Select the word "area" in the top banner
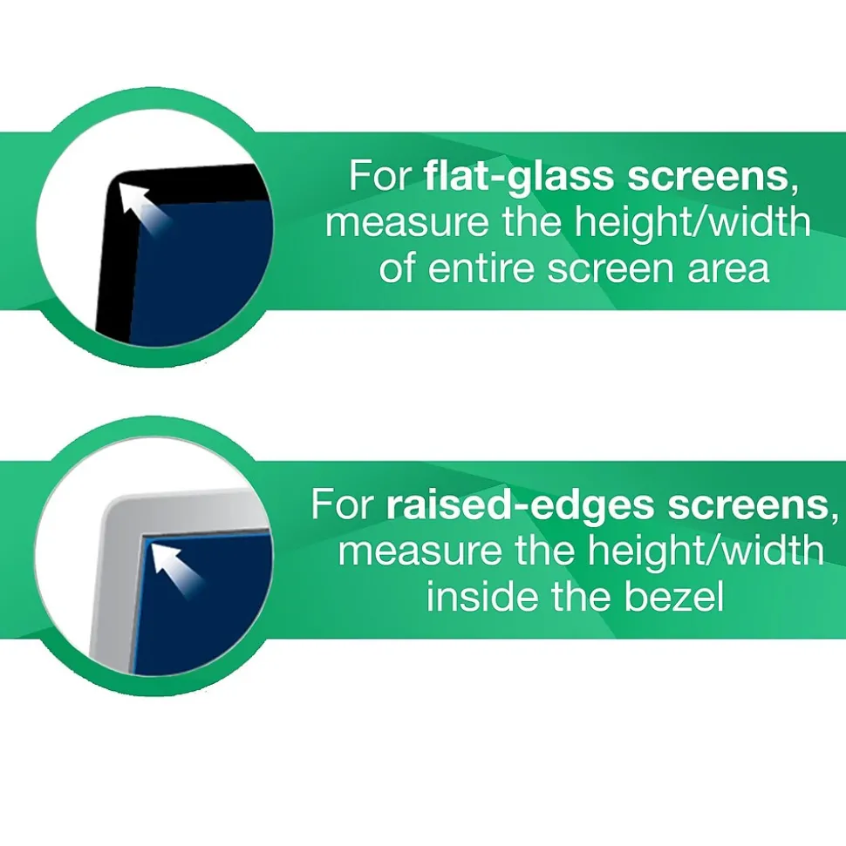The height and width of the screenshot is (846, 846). [x=728, y=267]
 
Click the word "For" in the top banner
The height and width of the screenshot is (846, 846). [x=379, y=176]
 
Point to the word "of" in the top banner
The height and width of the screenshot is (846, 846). [x=397, y=267]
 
